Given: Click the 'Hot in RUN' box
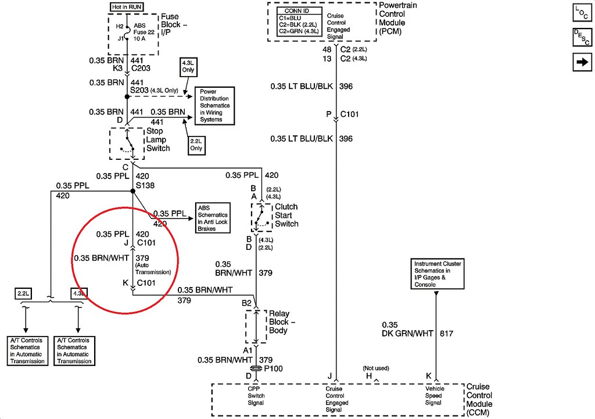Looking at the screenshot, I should pos(127,7).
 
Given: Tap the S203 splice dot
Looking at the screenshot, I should pos(126,96).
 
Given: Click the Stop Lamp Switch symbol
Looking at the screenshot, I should pos(127,143).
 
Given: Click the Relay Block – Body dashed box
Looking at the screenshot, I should pos(256,327).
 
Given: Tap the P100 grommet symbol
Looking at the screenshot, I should pos(256,369).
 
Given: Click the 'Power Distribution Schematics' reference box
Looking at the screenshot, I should pos(214,106).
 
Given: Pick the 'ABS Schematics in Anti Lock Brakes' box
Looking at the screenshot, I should pos(213,217).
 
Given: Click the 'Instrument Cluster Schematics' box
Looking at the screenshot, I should pos(438,274).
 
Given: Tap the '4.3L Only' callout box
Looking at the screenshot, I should pos(189,66).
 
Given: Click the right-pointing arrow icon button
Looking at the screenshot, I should pos(582,62).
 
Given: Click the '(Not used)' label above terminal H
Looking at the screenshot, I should pos(375,368).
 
